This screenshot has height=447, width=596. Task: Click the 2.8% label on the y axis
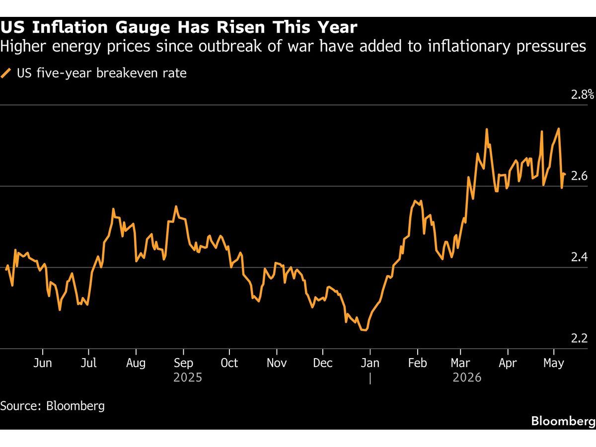[583, 95]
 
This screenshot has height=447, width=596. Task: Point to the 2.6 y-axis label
[579, 176]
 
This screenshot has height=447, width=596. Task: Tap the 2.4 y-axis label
[579, 257]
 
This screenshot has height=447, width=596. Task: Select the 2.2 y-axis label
[579, 338]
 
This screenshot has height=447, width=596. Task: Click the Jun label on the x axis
[42, 363]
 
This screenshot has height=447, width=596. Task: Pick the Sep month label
[183, 363]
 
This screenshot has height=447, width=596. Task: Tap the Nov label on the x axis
[277, 363]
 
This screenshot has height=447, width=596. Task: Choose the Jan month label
[370, 363]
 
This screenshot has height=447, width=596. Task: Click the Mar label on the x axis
[460, 363]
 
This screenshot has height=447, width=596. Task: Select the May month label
[554, 364]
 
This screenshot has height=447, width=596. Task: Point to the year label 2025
[188, 377]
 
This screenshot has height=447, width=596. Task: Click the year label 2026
[467, 377]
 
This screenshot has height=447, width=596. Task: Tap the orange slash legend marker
[6, 74]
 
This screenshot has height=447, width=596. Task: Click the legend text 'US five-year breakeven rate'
[102, 74]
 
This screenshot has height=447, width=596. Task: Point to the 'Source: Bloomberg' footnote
[53, 406]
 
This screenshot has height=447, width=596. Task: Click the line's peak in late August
[176, 207]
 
